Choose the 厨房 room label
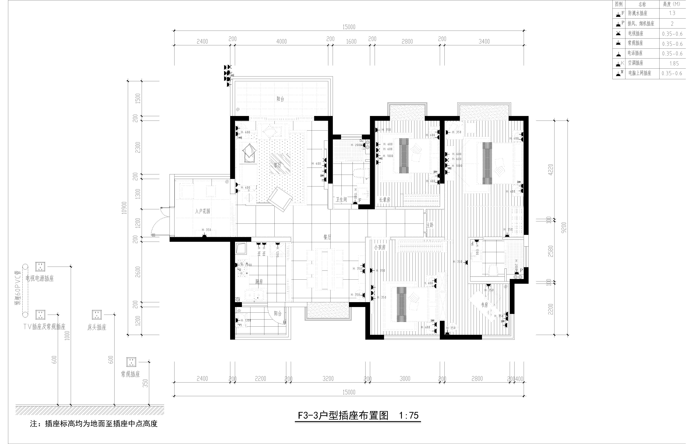tap(259, 282)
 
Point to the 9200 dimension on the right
tap(564, 228)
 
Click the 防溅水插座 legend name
tap(638, 13)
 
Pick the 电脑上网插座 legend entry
tap(640, 73)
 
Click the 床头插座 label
tap(97, 328)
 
